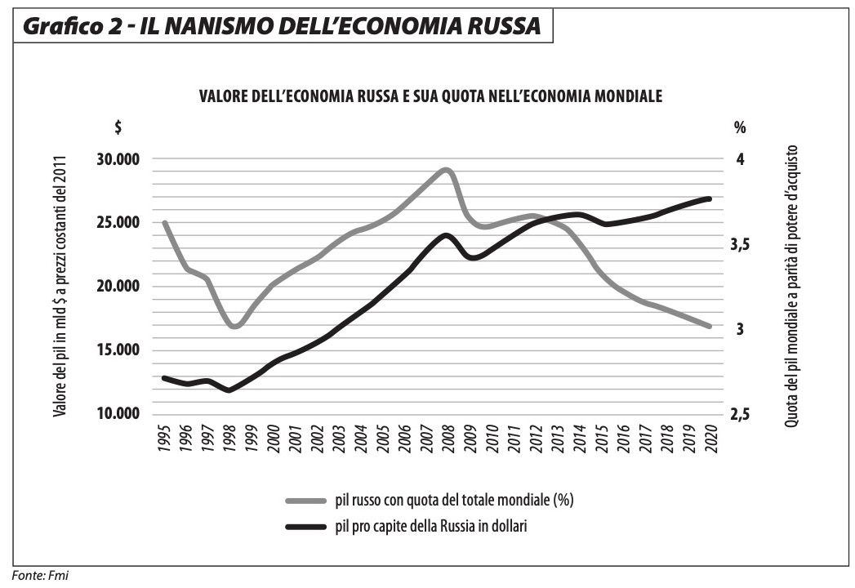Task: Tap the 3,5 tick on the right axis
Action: [x=741, y=244]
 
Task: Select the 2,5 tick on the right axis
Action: [x=741, y=414]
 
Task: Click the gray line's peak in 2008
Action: [x=446, y=170]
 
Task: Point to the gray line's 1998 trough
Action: [x=234, y=326]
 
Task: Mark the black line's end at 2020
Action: [x=710, y=198]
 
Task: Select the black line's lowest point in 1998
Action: [x=229, y=390]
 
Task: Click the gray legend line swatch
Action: [x=307, y=499]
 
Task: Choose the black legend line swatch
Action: [x=307, y=528]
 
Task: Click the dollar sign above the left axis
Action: [x=118, y=127]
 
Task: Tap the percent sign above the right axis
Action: [x=740, y=127]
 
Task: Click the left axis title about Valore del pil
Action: [x=60, y=286]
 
